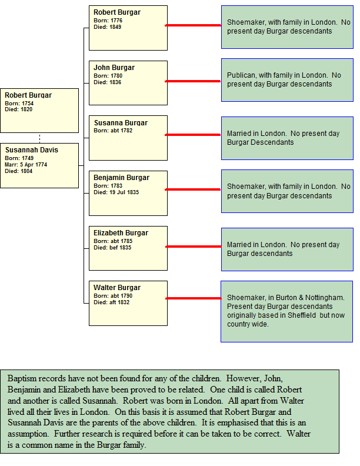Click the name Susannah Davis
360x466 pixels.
(32, 150)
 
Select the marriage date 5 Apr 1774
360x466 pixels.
(34, 165)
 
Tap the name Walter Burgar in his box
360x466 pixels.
(117, 288)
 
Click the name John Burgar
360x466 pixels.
(114, 68)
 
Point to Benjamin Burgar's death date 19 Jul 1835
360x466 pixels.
(124, 192)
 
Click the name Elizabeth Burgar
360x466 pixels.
(121, 233)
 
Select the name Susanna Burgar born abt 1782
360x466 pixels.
(121, 123)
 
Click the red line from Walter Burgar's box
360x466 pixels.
(194, 298)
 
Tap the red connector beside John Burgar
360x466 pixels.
(193, 81)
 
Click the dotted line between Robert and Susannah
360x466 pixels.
(39, 138)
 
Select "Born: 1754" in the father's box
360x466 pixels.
(19, 104)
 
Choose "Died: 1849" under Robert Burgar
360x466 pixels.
(108, 27)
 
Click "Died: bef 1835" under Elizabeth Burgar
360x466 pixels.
(112, 248)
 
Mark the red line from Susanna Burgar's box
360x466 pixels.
(193, 135)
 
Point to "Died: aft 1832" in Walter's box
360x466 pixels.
(111, 302)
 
